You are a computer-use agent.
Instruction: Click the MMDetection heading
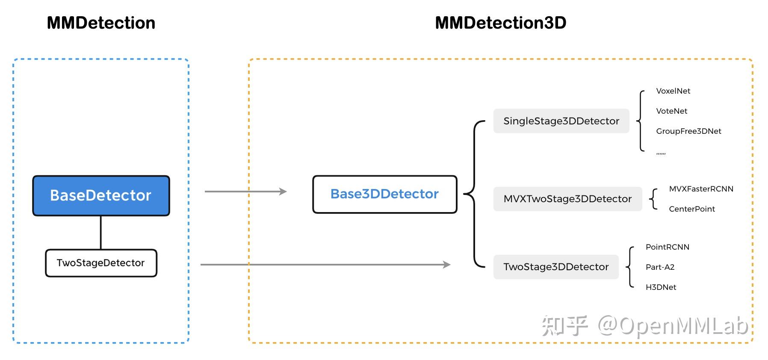(x=101, y=23)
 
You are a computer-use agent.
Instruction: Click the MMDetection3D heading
(x=500, y=23)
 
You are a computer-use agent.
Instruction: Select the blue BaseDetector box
(x=101, y=195)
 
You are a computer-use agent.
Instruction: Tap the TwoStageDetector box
(x=101, y=263)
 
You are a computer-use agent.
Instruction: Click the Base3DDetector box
(x=384, y=194)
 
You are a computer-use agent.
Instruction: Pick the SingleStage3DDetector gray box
(x=561, y=121)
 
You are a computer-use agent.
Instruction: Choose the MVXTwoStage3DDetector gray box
(x=567, y=199)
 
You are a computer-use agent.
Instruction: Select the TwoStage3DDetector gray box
(x=556, y=267)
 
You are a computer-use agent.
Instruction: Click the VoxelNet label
(x=673, y=91)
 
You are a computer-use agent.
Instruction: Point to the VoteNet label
(x=671, y=111)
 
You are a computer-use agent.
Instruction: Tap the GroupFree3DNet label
(x=688, y=131)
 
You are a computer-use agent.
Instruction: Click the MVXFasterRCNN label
(x=701, y=189)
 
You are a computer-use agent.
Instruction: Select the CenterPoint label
(x=691, y=209)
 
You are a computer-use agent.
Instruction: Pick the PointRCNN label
(x=667, y=247)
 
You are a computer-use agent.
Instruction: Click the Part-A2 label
(x=660, y=267)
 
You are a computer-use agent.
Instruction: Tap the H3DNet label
(x=661, y=287)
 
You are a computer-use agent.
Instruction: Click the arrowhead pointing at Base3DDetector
(x=283, y=192)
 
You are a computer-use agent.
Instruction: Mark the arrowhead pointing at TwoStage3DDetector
(x=447, y=265)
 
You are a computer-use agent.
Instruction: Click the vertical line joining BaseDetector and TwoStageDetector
(x=101, y=232)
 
